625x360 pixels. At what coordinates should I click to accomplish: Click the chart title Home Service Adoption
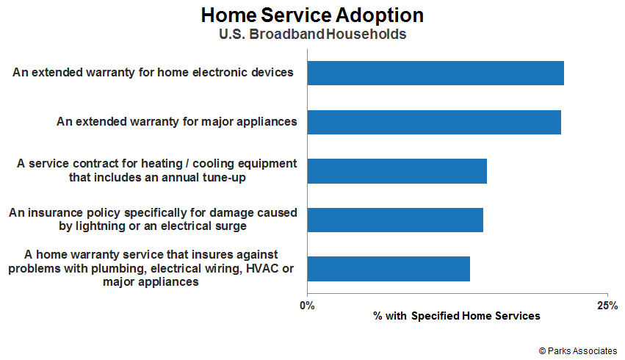tap(312, 16)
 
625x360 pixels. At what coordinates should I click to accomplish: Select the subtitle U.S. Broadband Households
tap(313, 35)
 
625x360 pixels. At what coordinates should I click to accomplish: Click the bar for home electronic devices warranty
tap(436, 73)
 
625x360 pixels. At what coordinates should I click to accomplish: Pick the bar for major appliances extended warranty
tap(434, 122)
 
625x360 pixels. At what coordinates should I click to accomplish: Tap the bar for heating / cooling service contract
tap(397, 171)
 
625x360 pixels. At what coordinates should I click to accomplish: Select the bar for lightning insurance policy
tap(395, 220)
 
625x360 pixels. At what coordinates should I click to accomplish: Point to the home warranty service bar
tap(389, 269)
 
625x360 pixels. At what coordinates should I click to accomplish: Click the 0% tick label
tap(307, 306)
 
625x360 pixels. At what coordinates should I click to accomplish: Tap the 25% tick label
tap(607, 306)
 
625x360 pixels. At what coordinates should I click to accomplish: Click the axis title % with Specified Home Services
tap(457, 316)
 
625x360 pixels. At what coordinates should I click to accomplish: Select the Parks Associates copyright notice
tap(577, 351)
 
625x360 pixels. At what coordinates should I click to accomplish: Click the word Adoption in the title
tap(380, 16)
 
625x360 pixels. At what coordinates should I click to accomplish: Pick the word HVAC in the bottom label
tap(262, 268)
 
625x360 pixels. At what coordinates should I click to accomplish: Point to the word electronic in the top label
tap(217, 72)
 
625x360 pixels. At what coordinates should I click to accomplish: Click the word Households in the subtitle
tap(366, 35)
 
